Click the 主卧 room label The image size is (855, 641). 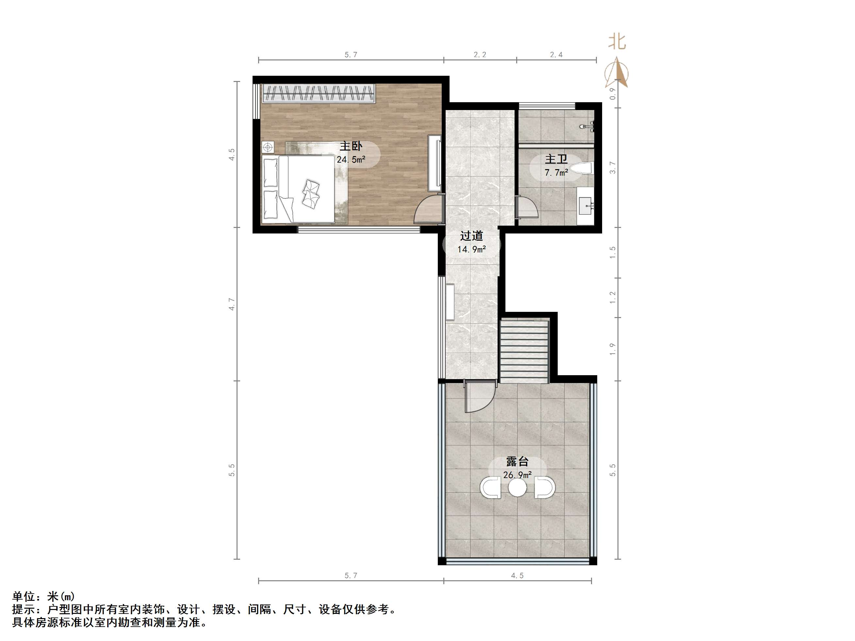(x=351, y=146)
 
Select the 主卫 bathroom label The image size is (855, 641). (x=556, y=159)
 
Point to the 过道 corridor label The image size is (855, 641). (x=471, y=236)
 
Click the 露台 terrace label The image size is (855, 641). (x=517, y=461)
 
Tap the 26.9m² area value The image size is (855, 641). (x=517, y=474)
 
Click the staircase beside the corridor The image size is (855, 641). (x=524, y=351)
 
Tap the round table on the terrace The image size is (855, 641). (x=517, y=488)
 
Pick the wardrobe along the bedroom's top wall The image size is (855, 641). (x=319, y=93)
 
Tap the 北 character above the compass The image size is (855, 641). (x=617, y=41)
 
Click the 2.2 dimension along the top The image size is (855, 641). (x=480, y=55)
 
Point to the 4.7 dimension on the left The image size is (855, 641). (x=232, y=304)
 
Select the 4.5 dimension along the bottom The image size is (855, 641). (x=517, y=576)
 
